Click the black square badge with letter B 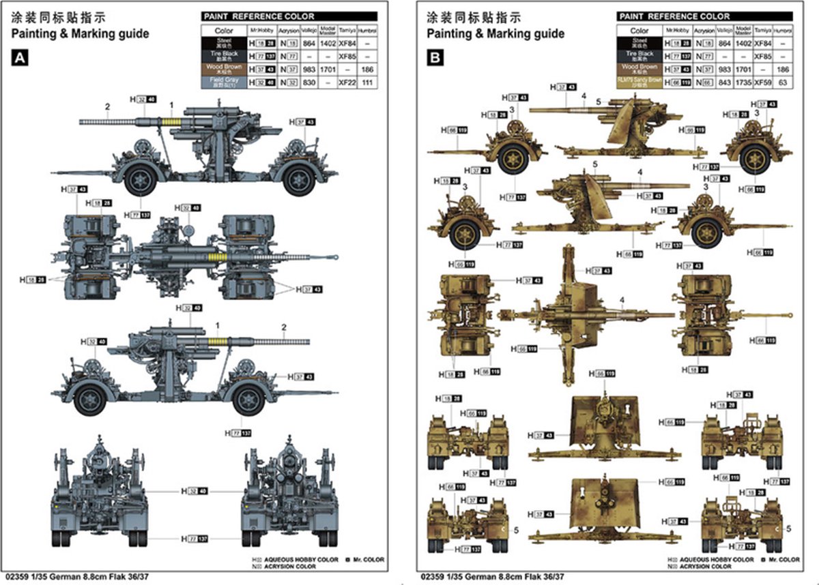[434, 59]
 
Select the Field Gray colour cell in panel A [224, 81]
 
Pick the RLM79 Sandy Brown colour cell [640, 81]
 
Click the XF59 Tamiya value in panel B [763, 81]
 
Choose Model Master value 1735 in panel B [742, 81]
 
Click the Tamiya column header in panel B [763, 31]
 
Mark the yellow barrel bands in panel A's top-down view [217, 258]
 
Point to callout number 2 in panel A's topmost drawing [107, 106]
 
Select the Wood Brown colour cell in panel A [224, 69]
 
